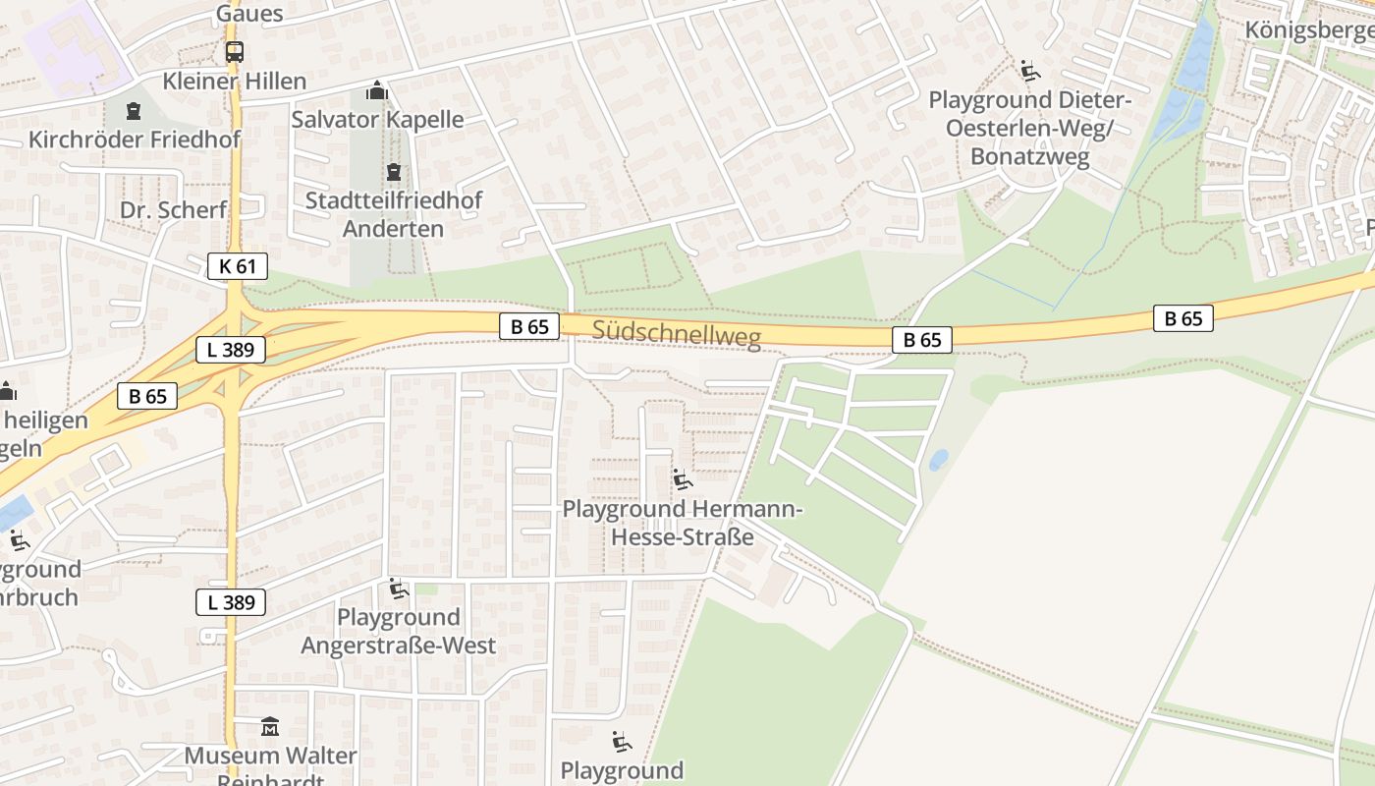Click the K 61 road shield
coord(238,265)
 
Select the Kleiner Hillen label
coord(235,81)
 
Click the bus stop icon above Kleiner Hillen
coord(234,52)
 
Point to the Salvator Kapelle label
coord(377,120)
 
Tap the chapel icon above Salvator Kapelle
coord(376,91)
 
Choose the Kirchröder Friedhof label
coord(135,139)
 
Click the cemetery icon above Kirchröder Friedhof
coord(134,110)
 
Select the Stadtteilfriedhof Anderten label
coord(393,214)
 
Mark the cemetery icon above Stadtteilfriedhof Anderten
coord(394,172)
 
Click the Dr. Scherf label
coord(173,209)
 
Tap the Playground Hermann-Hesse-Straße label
coord(683,523)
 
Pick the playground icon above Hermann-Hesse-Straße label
coord(682,479)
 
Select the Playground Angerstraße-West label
coord(398,631)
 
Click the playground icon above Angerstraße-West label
coord(398,589)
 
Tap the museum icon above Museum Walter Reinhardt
coord(270,727)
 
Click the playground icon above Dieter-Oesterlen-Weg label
coord(1030,71)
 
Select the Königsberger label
coord(1309,29)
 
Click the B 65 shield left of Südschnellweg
coord(529,326)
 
